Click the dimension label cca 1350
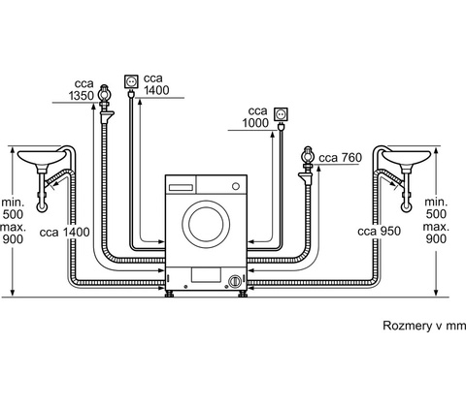click(81, 89)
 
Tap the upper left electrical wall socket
click(131, 81)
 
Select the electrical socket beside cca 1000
click(281, 114)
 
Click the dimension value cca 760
click(340, 158)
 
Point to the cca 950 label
click(380, 232)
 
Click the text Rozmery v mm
click(424, 326)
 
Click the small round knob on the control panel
click(236, 186)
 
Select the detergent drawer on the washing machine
click(181, 188)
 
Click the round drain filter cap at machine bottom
click(235, 281)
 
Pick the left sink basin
click(42, 158)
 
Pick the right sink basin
click(407, 158)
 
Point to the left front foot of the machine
click(169, 294)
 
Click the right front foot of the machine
click(243, 294)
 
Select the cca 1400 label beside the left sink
click(64, 232)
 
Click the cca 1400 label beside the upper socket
click(156, 84)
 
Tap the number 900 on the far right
click(436, 238)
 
